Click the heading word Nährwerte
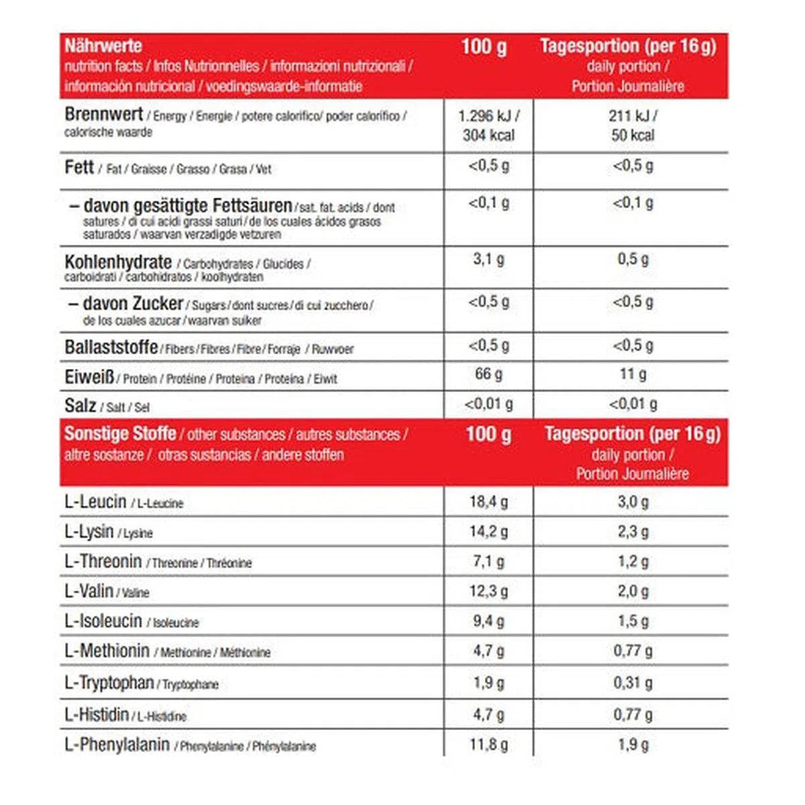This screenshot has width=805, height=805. pos(103,46)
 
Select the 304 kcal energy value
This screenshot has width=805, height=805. pos(488,135)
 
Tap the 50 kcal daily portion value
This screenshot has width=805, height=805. pos(633,135)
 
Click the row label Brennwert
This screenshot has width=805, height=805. pos(103,115)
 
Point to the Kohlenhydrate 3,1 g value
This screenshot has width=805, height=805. pos(488,259)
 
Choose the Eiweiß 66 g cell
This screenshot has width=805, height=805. pos(488,374)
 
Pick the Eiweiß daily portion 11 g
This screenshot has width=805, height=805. pos(633,374)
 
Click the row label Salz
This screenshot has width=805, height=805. pos(80,405)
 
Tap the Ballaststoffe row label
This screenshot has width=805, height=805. pos(111,347)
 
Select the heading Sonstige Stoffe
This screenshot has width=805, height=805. pos(120,433)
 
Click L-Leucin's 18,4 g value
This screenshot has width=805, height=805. pos(488,501)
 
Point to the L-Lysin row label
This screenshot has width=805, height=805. pos(89,531)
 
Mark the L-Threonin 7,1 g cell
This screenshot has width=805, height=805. pos(488,561)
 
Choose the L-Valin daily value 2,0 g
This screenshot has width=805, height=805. pos(633,591)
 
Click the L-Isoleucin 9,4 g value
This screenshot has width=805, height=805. pos(488,621)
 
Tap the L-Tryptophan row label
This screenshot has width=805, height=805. pos(109,683)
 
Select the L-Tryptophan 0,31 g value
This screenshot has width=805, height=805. pos(633,683)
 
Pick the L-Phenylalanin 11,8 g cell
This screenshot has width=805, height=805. pos(488,744)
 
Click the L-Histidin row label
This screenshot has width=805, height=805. pos(97,714)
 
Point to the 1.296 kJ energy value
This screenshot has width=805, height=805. pos(488,115)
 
